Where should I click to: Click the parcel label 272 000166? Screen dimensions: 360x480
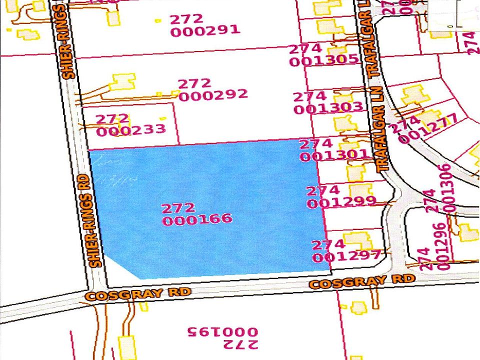[x=196, y=213]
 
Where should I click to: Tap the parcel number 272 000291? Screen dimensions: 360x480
[x=205, y=25]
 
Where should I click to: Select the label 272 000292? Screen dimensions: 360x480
[x=212, y=89]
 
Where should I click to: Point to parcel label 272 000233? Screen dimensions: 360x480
[x=130, y=125]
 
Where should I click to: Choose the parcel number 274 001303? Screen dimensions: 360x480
[x=327, y=102]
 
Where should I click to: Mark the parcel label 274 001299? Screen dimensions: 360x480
[x=340, y=196]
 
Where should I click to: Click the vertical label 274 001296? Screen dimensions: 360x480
[x=432, y=259]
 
